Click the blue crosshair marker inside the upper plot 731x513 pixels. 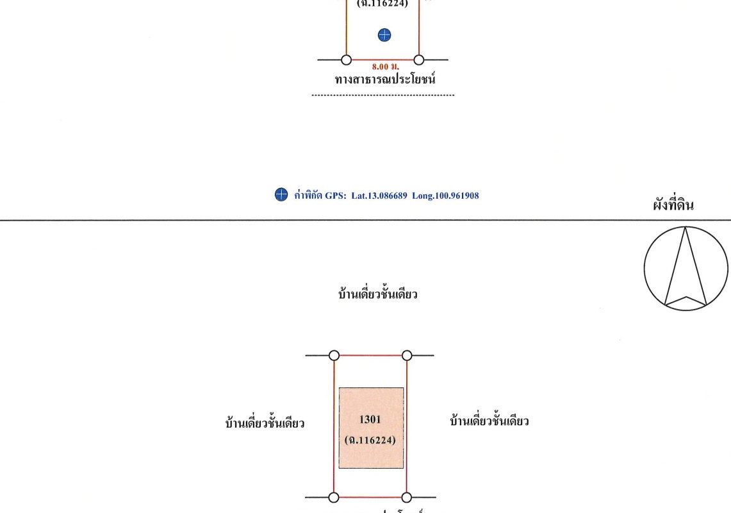[384, 35]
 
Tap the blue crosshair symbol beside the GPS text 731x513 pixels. [281, 196]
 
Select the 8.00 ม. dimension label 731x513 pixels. [382, 66]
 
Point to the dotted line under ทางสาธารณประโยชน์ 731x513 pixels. [382, 96]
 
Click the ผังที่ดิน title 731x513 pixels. [673, 206]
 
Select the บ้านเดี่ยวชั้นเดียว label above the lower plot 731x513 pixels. [378, 295]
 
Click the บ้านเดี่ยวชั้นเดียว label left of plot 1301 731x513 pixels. [265, 423]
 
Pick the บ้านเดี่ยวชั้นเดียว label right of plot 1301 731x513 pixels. [489, 421]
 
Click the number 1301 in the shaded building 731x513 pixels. [370, 420]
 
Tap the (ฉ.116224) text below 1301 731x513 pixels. [370, 441]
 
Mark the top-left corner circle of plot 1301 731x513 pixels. [334, 355]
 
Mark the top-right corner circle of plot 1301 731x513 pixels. [407, 355]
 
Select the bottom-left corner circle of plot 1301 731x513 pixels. [334, 497]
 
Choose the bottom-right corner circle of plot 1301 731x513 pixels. [407, 497]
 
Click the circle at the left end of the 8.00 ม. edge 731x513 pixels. [346, 60]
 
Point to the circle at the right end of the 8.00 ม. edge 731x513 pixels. [419, 60]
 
